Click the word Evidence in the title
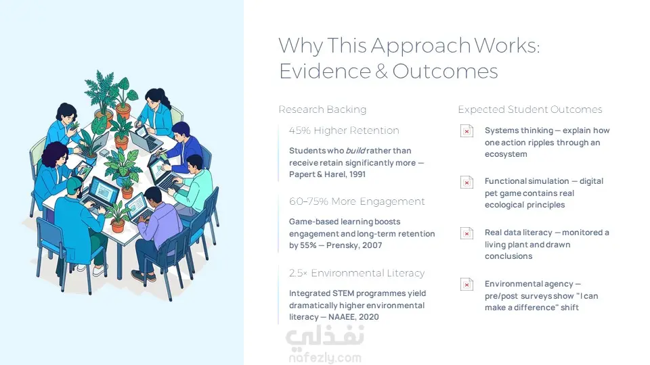325,71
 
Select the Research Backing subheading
322,109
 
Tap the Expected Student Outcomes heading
529,109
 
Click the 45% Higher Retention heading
344,130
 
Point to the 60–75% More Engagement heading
357,201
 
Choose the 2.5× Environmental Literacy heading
357,273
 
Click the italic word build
355,151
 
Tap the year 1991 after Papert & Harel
357,174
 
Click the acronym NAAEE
341,317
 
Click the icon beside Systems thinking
467,131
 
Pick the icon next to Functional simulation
467,182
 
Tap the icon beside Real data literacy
467,233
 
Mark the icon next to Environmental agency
467,285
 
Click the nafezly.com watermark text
325,358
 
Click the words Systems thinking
519,130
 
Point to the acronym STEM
343,293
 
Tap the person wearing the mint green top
194,187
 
